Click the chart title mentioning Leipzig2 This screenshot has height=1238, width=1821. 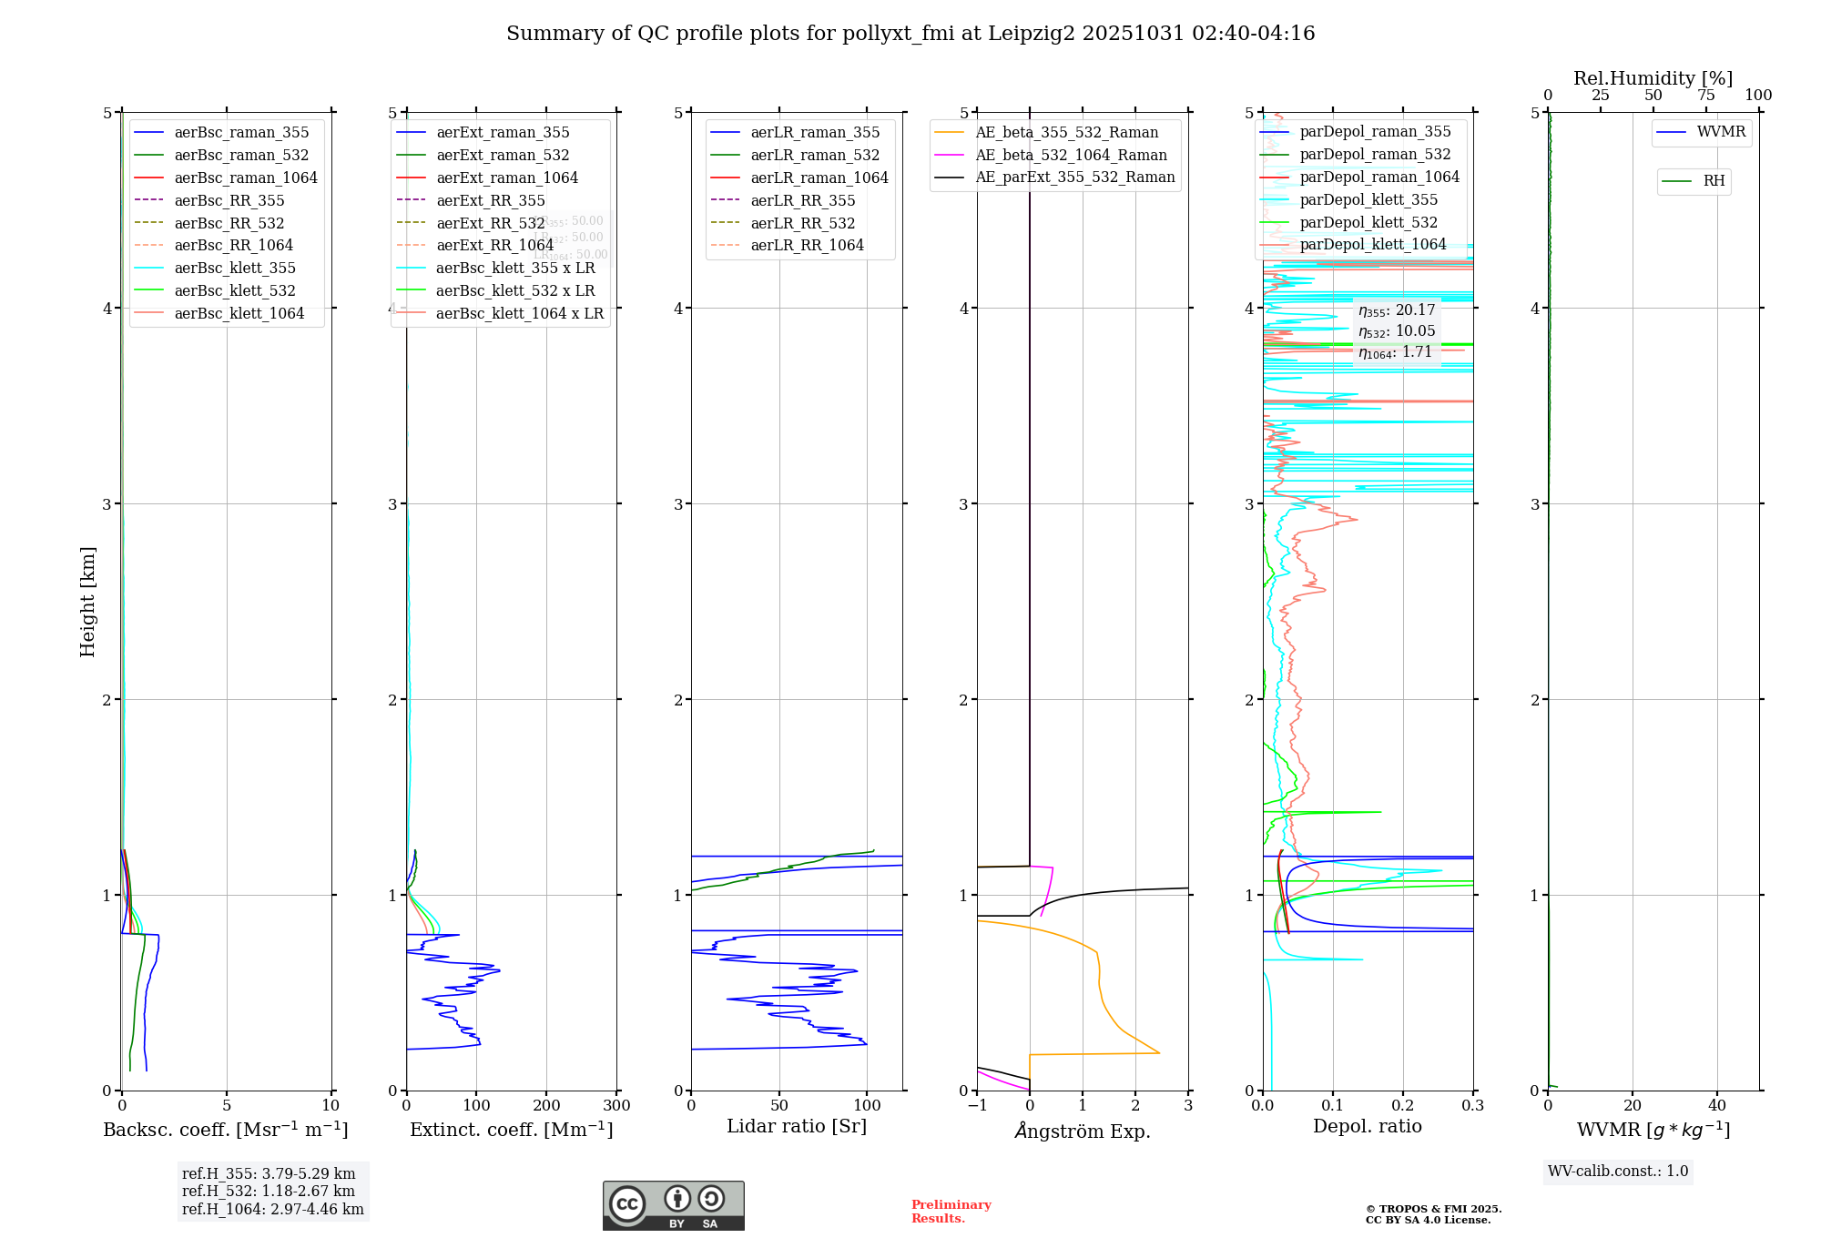click(x=910, y=34)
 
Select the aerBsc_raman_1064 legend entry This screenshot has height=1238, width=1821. click(x=246, y=178)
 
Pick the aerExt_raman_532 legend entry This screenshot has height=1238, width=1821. click(x=503, y=155)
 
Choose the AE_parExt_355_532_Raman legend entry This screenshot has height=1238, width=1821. click(x=1074, y=177)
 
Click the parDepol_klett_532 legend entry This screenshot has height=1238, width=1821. click(x=1368, y=222)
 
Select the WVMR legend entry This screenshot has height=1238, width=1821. click(x=1721, y=132)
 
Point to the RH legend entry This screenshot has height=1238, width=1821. click(x=1714, y=181)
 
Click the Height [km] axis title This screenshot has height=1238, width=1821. click(x=87, y=601)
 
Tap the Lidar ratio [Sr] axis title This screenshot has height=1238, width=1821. click(x=797, y=1126)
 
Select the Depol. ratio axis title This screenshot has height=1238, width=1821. click(x=1367, y=1126)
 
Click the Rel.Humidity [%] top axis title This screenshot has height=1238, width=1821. click(x=1653, y=78)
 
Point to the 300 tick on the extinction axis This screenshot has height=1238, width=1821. click(x=616, y=1106)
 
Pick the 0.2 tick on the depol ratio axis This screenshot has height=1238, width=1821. click(x=1403, y=1106)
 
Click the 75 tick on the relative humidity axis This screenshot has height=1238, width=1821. click(x=1705, y=96)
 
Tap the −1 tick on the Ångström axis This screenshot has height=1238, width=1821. click(x=977, y=1106)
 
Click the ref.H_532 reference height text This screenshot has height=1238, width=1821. click(x=269, y=1192)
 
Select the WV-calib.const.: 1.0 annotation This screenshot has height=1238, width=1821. click(x=1618, y=1172)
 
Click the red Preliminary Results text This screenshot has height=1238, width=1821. click(x=951, y=1212)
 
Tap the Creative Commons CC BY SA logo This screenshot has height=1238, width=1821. click(x=673, y=1206)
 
